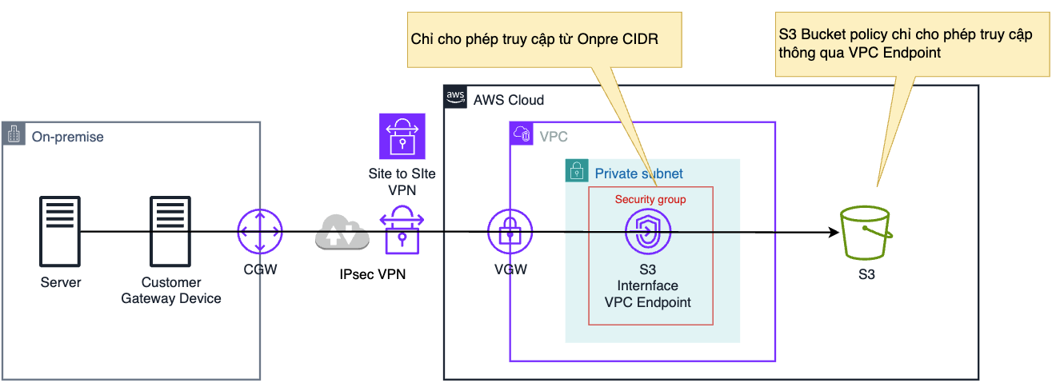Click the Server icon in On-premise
point(61,232)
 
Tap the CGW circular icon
point(260,233)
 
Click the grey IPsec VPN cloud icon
point(342,232)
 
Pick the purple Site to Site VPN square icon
point(402,135)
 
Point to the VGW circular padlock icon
point(510,233)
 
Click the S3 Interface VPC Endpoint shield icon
point(648,231)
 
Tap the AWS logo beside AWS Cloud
point(455,98)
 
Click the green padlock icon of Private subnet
point(576,171)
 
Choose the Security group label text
point(650,199)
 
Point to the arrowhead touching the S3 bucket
point(833,233)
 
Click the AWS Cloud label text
point(508,100)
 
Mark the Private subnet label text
point(638,174)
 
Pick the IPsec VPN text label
point(372,274)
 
